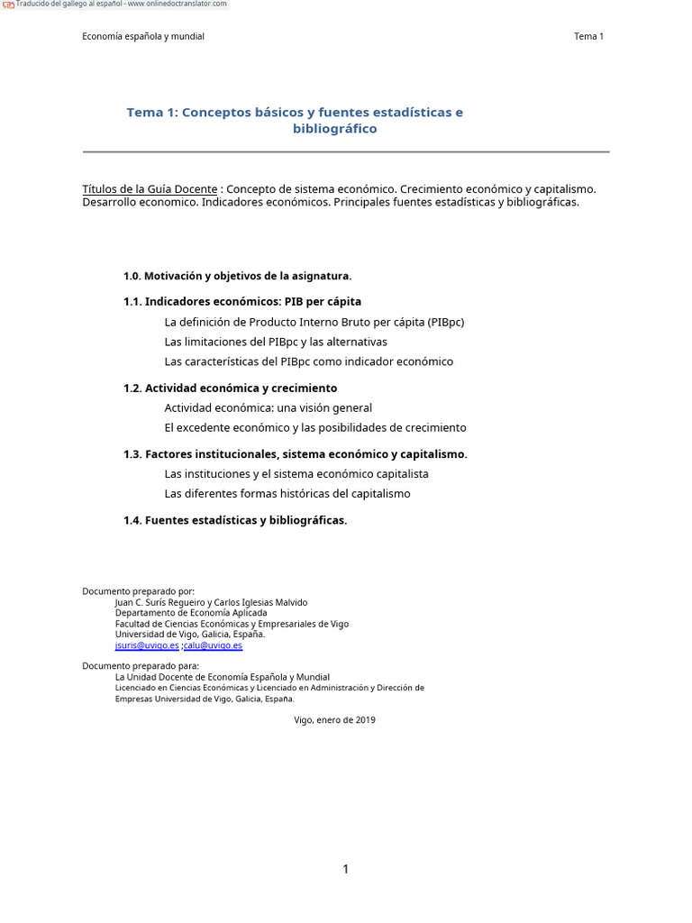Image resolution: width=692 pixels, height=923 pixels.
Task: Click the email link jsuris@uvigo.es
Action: pyautogui.click(x=147, y=645)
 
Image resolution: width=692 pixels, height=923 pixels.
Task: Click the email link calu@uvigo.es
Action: pyautogui.click(x=214, y=645)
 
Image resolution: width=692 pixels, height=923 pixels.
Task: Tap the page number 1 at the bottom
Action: pyautogui.click(x=345, y=869)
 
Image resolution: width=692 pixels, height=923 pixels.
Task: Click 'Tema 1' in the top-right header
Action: pyautogui.click(x=588, y=36)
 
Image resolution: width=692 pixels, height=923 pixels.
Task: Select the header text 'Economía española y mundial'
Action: pyautogui.click(x=143, y=36)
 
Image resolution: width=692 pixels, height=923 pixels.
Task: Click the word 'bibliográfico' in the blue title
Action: pyautogui.click(x=334, y=129)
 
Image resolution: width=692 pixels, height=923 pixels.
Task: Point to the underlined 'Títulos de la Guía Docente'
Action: pyautogui.click(x=150, y=189)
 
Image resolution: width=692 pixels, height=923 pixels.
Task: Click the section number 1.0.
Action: pyautogui.click(x=132, y=276)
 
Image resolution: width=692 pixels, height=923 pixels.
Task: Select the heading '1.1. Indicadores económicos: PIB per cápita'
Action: pyautogui.click(x=241, y=302)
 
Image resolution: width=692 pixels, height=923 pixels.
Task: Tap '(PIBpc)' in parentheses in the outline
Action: pyautogui.click(x=446, y=322)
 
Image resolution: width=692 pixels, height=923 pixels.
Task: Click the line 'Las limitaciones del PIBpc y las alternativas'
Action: pyautogui.click(x=276, y=342)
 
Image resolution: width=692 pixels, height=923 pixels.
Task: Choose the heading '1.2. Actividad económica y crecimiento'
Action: pyautogui.click(x=230, y=388)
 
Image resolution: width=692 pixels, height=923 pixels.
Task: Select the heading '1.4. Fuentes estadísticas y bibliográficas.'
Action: pyautogui.click(x=234, y=521)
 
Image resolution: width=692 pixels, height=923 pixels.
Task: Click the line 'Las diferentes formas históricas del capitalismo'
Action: pyautogui.click(x=287, y=494)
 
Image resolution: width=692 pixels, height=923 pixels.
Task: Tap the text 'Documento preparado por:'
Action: pyautogui.click(x=138, y=591)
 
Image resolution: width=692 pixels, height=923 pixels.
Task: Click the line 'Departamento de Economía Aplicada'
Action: pyautogui.click(x=191, y=613)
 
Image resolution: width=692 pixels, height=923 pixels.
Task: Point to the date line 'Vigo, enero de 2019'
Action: pyautogui.click(x=334, y=720)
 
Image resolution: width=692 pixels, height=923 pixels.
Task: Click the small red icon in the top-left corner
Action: pyautogui.click(x=8, y=5)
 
